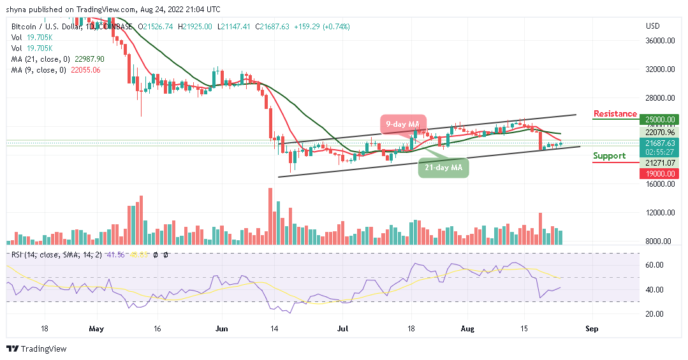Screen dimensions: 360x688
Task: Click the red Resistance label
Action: click(x=615, y=114)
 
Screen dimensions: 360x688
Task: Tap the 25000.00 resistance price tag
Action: click(x=659, y=119)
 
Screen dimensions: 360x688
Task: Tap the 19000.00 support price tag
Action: click(x=659, y=173)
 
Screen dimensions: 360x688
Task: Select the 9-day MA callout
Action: click(x=404, y=124)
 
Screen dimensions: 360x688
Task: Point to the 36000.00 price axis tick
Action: click(x=659, y=41)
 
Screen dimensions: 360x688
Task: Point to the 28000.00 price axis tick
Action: click(x=659, y=98)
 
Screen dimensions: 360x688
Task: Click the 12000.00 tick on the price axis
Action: click(x=659, y=213)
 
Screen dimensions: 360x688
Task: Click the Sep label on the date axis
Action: click(x=592, y=330)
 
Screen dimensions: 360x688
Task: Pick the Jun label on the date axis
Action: click(x=221, y=330)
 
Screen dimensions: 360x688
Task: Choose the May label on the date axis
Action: click(x=97, y=330)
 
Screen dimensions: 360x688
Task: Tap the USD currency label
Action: click(x=652, y=26)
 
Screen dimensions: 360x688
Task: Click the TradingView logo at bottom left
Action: click(x=36, y=349)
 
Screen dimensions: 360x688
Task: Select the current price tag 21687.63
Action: click(x=659, y=143)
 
